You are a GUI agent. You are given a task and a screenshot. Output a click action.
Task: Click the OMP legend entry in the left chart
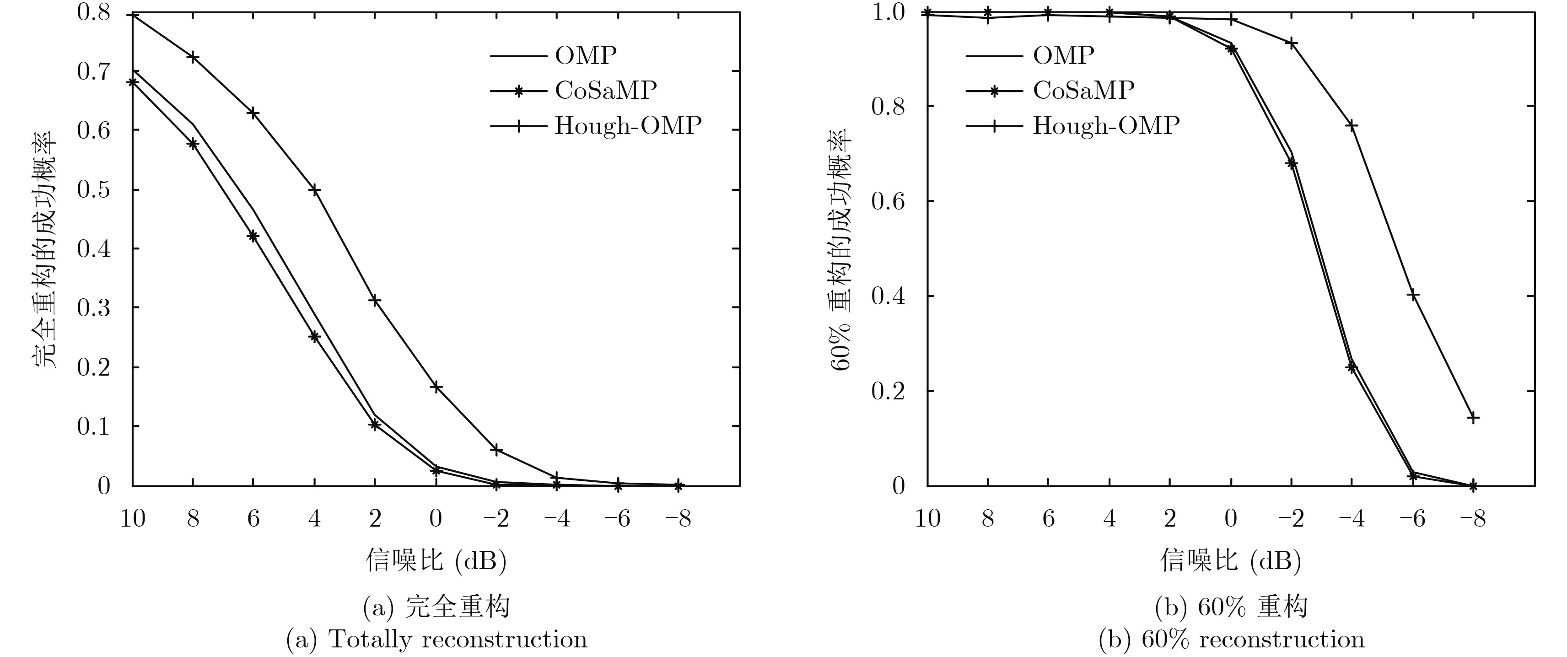pos(585,56)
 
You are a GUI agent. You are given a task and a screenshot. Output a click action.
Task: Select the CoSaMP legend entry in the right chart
pos(1083,91)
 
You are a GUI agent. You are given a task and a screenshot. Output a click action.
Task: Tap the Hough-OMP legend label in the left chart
pos(628,126)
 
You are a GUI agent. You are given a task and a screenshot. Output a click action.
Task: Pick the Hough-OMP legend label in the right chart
pos(1106,126)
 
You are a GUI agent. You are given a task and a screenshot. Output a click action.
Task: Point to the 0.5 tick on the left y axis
pos(94,190)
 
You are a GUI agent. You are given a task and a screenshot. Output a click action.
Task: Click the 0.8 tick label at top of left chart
pos(94,12)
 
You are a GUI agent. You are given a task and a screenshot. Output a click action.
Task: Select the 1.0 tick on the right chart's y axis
pos(889,12)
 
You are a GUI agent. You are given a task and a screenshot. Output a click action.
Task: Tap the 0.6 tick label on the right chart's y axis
pos(889,201)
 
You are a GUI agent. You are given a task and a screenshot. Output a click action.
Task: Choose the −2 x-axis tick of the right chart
pos(1290,519)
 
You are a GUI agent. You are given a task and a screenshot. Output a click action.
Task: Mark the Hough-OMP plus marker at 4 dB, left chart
pos(314,190)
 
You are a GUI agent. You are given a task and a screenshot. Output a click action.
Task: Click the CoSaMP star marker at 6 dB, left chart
pos(253,236)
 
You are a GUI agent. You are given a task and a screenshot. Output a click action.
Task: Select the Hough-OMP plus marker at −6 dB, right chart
pos(1412,295)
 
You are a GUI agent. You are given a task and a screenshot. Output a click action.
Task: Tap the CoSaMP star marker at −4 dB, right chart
pos(1352,367)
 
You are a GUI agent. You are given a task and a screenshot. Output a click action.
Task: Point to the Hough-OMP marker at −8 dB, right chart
pos(1473,417)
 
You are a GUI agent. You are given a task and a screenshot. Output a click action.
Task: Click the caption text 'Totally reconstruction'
pos(458,639)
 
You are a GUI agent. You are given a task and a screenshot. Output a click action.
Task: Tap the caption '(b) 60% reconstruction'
pos(1231,639)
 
